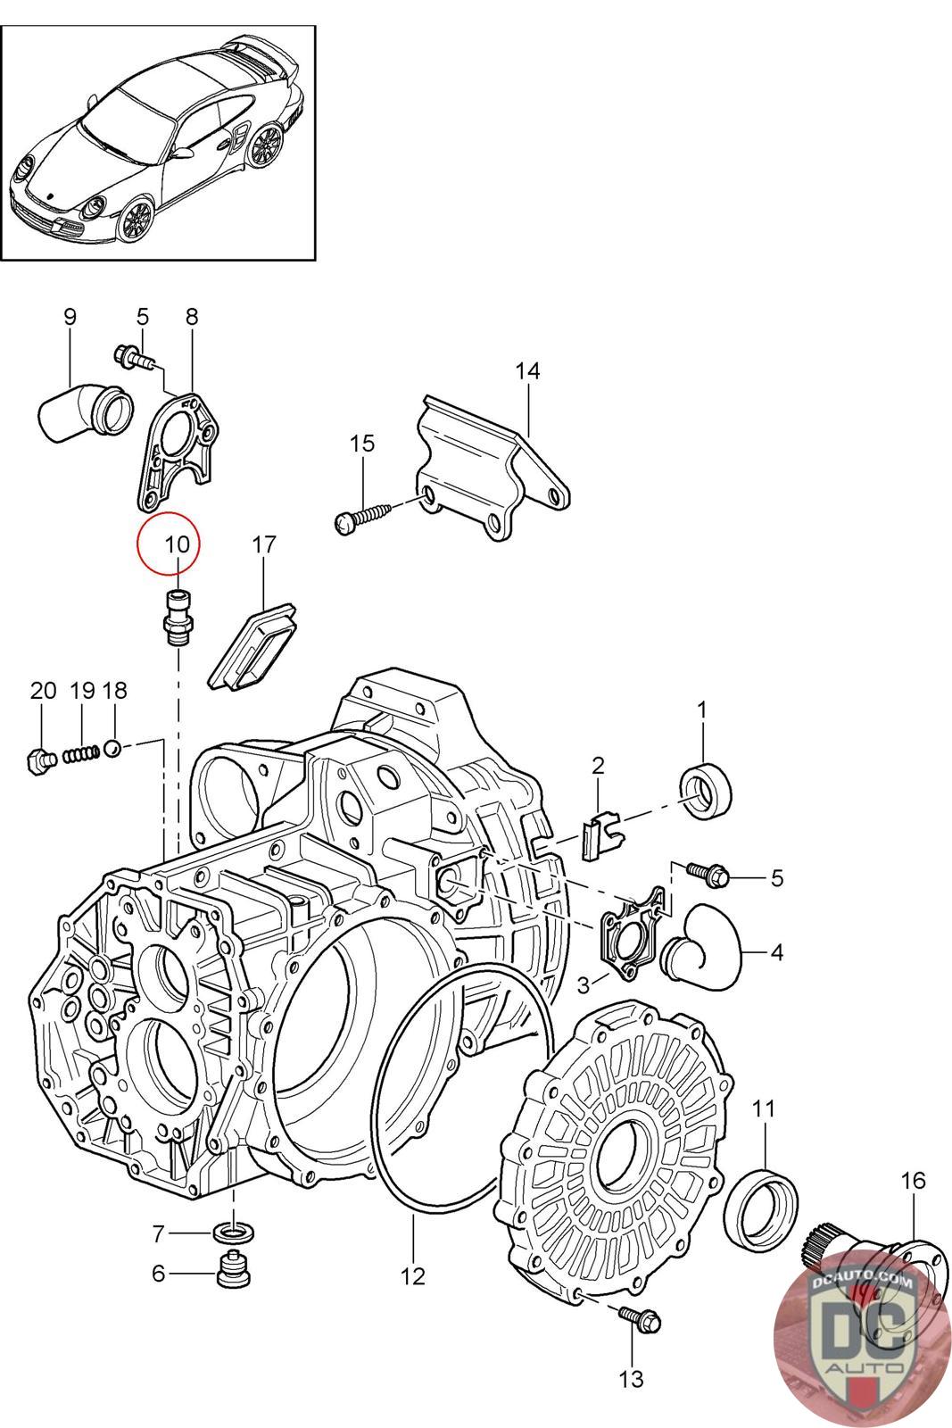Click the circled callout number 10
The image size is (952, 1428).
tap(177, 543)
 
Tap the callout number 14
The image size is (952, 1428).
tap(527, 370)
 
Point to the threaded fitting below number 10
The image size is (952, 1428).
tap(178, 618)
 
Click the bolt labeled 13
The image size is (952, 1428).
tap(639, 1316)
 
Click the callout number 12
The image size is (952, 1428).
tap(413, 1276)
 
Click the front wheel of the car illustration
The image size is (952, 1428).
tap(135, 220)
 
